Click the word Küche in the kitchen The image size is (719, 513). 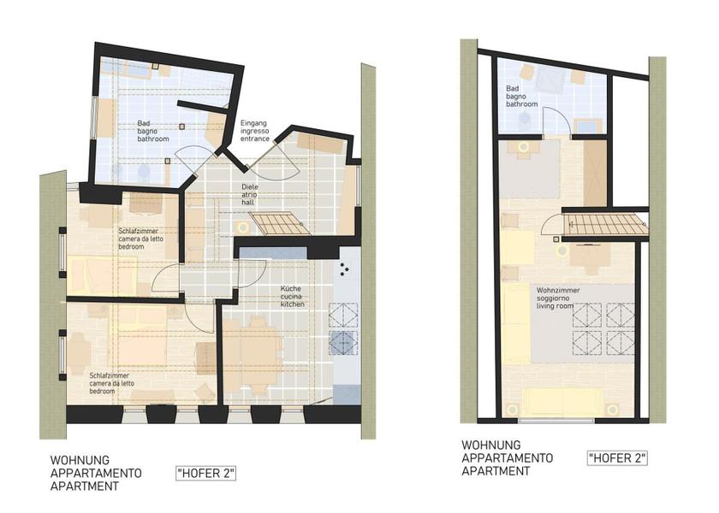pyautogui.click(x=291, y=289)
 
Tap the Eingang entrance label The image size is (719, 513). pyautogui.click(x=254, y=131)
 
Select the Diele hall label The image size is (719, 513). pyautogui.click(x=250, y=195)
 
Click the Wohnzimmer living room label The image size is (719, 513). pyautogui.click(x=558, y=298)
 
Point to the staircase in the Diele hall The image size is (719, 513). pyautogui.click(x=280, y=223)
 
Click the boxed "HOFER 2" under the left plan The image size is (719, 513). pyautogui.click(x=206, y=473)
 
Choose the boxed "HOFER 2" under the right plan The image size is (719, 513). pyautogui.click(x=617, y=458)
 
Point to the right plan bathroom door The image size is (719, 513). pyautogui.click(x=557, y=121)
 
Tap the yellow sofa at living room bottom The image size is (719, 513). pyautogui.click(x=563, y=402)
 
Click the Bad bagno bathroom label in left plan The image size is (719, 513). pyautogui.click(x=153, y=131)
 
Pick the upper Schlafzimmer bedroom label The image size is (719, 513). pyautogui.click(x=140, y=239)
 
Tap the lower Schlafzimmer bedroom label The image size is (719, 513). pyautogui.click(x=112, y=383)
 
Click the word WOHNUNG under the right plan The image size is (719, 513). pyautogui.click(x=491, y=445)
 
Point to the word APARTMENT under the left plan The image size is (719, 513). pyautogui.click(x=85, y=486)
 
